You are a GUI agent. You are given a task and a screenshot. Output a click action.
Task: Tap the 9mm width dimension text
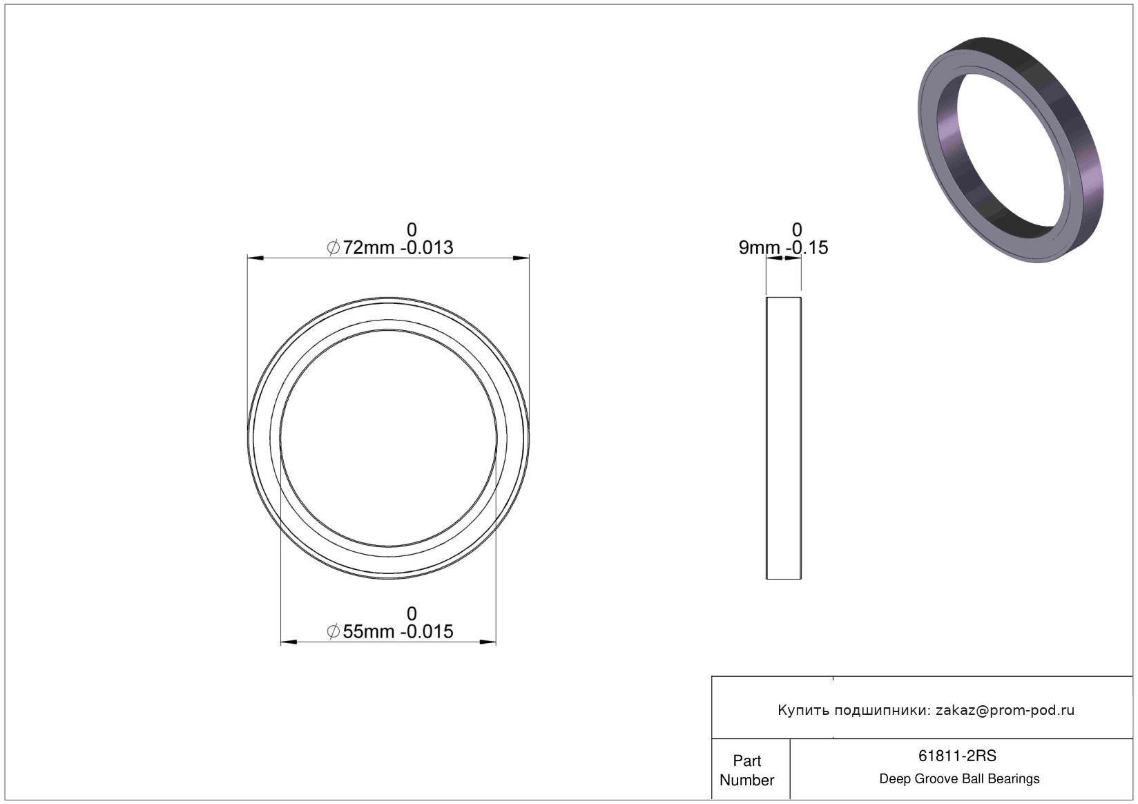(x=759, y=248)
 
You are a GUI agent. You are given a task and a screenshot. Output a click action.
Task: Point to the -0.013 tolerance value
(x=427, y=248)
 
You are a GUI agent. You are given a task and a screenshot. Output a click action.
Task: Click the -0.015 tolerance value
(x=427, y=632)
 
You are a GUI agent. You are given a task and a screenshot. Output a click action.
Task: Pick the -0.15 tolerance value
(x=807, y=248)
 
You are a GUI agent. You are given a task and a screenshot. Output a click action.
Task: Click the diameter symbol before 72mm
(x=333, y=248)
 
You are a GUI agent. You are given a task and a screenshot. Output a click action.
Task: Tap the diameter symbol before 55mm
(x=333, y=632)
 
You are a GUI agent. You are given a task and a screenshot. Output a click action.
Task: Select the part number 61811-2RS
(x=957, y=756)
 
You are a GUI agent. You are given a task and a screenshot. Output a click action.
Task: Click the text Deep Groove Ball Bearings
(x=959, y=778)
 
